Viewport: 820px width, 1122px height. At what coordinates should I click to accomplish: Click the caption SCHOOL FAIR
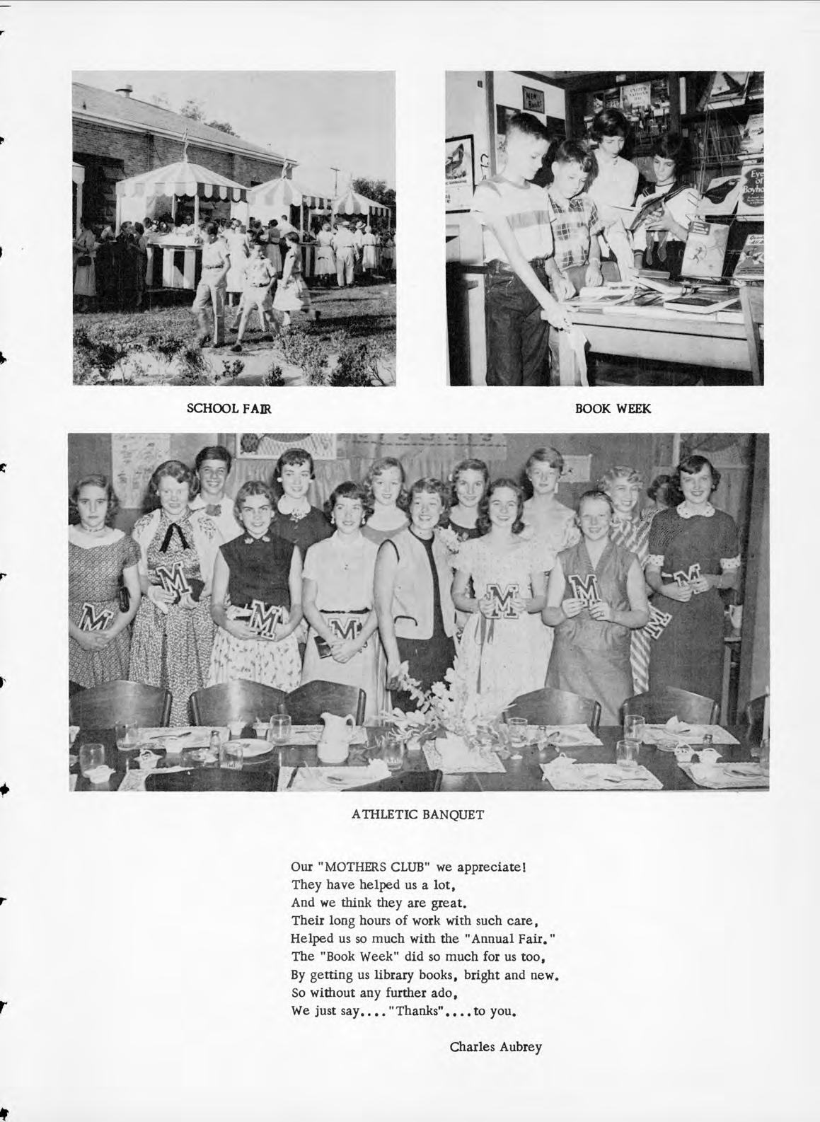229,408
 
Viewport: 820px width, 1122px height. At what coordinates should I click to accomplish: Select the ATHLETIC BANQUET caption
418,814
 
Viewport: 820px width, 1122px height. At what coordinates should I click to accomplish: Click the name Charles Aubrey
496,1046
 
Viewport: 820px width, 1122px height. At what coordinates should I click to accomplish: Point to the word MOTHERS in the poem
356,866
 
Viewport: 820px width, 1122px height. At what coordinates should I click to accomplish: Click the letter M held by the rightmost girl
683,577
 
